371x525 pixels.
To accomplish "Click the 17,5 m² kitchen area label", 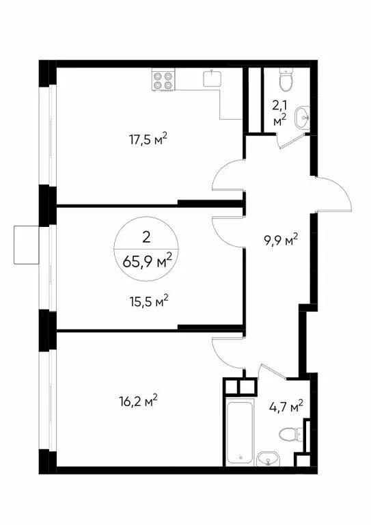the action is point(148,139).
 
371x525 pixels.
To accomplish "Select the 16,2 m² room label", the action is point(138,400).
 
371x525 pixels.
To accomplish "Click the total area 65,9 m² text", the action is point(148,261).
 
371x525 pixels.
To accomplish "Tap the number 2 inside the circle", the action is point(146,237).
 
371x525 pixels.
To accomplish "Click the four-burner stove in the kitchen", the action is point(163,80).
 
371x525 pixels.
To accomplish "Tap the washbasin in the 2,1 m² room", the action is point(303,117).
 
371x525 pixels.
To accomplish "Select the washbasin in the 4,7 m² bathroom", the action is point(268,459).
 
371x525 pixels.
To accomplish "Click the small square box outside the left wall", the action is point(27,245).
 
